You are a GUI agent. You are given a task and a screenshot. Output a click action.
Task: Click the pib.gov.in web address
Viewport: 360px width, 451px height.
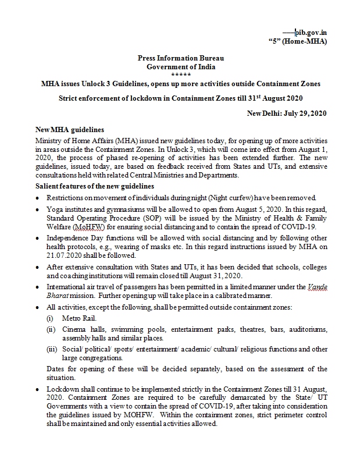[x=312, y=33]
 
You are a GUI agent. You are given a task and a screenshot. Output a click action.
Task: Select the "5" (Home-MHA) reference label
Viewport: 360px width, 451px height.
[x=298, y=41]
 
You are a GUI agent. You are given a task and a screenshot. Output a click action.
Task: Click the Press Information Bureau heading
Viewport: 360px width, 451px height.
[x=180, y=58]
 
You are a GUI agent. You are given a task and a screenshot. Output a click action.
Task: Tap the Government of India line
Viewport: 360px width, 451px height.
[x=180, y=66]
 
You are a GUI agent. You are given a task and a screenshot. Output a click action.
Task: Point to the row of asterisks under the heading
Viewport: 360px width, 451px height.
[x=180, y=74]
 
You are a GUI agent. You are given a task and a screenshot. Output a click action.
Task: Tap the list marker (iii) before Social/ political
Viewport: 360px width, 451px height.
[x=52, y=349]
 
